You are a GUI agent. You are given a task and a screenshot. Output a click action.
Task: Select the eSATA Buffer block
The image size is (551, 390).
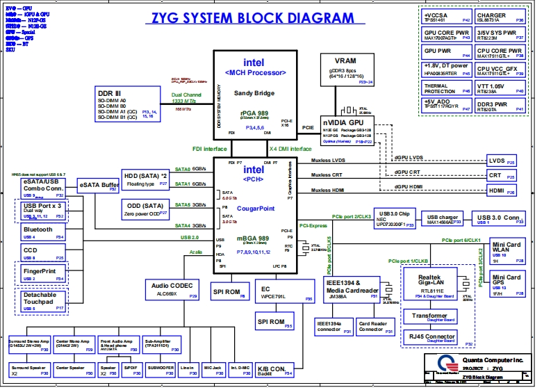coord(99,186)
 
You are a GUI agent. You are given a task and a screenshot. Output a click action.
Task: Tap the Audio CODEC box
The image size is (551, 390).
coord(172,289)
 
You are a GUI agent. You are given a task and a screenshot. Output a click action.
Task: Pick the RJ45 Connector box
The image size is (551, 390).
coord(432,338)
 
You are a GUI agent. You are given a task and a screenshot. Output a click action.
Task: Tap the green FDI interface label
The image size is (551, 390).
coord(209,149)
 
